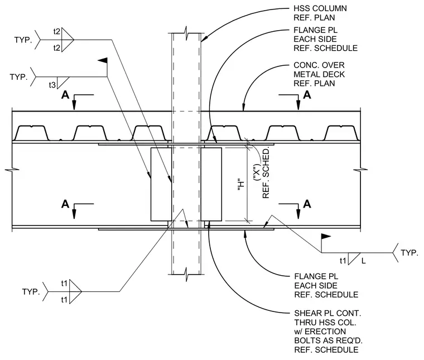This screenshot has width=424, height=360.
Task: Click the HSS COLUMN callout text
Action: (x=320, y=13)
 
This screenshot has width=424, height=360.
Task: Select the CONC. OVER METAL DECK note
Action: (x=319, y=74)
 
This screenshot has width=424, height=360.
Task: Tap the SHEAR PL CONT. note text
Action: (x=328, y=332)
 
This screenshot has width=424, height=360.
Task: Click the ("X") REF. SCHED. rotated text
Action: (x=262, y=173)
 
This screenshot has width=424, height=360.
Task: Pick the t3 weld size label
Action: (x=52, y=85)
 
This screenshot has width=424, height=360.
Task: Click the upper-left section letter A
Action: (x=65, y=95)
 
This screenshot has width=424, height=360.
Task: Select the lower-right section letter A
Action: (x=307, y=204)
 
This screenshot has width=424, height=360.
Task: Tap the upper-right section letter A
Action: (x=307, y=95)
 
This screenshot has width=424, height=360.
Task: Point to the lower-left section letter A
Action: (x=65, y=204)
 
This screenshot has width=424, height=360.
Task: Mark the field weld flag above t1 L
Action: (x=326, y=237)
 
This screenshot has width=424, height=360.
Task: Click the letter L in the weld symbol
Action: (x=363, y=261)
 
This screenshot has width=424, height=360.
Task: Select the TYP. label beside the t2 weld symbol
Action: (x=23, y=40)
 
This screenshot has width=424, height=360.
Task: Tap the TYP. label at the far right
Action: (x=409, y=253)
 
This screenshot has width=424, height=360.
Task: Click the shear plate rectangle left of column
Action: (x=161, y=184)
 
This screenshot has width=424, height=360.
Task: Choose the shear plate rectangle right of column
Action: (x=211, y=184)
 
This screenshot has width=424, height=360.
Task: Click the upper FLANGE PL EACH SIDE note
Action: (x=326, y=39)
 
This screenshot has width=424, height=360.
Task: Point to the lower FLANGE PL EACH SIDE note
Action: (x=326, y=285)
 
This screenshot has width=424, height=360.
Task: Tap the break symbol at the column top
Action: (x=186, y=33)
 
